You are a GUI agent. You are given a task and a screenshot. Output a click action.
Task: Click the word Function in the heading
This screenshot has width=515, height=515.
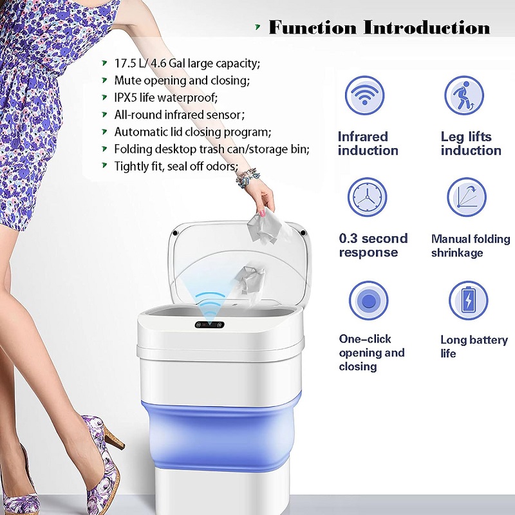pos(312,27)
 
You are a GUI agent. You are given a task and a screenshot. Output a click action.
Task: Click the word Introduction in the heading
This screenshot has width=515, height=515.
pos(427,27)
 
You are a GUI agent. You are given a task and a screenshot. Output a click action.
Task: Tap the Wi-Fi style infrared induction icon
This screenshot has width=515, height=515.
pos(364,95)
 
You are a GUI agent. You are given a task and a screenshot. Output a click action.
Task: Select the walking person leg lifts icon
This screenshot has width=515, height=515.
pos(464,95)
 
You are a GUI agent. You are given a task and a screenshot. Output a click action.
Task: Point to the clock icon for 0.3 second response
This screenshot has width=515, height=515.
pos(367,197)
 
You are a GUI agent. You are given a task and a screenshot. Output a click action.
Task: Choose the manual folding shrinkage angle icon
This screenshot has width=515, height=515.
pos(466,197)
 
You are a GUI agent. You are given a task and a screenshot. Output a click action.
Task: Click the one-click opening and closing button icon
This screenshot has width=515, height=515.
pos(368,300)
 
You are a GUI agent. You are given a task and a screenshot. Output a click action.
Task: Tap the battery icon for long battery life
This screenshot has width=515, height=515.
pos(469,300)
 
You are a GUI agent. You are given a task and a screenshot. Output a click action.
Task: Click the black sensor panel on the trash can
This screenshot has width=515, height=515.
pos(210,325)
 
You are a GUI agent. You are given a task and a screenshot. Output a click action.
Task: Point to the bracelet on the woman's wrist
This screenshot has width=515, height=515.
pos(248,178)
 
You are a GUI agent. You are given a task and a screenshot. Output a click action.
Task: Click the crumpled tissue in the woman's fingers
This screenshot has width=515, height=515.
pos(267,227)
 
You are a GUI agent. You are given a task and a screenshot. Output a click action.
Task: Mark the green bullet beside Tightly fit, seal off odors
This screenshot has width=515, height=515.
pos(104,165)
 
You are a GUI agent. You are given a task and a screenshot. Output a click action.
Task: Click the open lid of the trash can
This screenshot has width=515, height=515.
pos(239,263)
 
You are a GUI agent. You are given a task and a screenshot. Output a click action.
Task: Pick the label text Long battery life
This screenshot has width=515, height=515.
pos(474,346)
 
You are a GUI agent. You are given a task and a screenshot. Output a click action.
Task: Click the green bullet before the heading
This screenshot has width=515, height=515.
pos(258,27)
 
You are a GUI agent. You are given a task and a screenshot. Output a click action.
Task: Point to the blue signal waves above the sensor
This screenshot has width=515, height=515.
pos(211,304)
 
